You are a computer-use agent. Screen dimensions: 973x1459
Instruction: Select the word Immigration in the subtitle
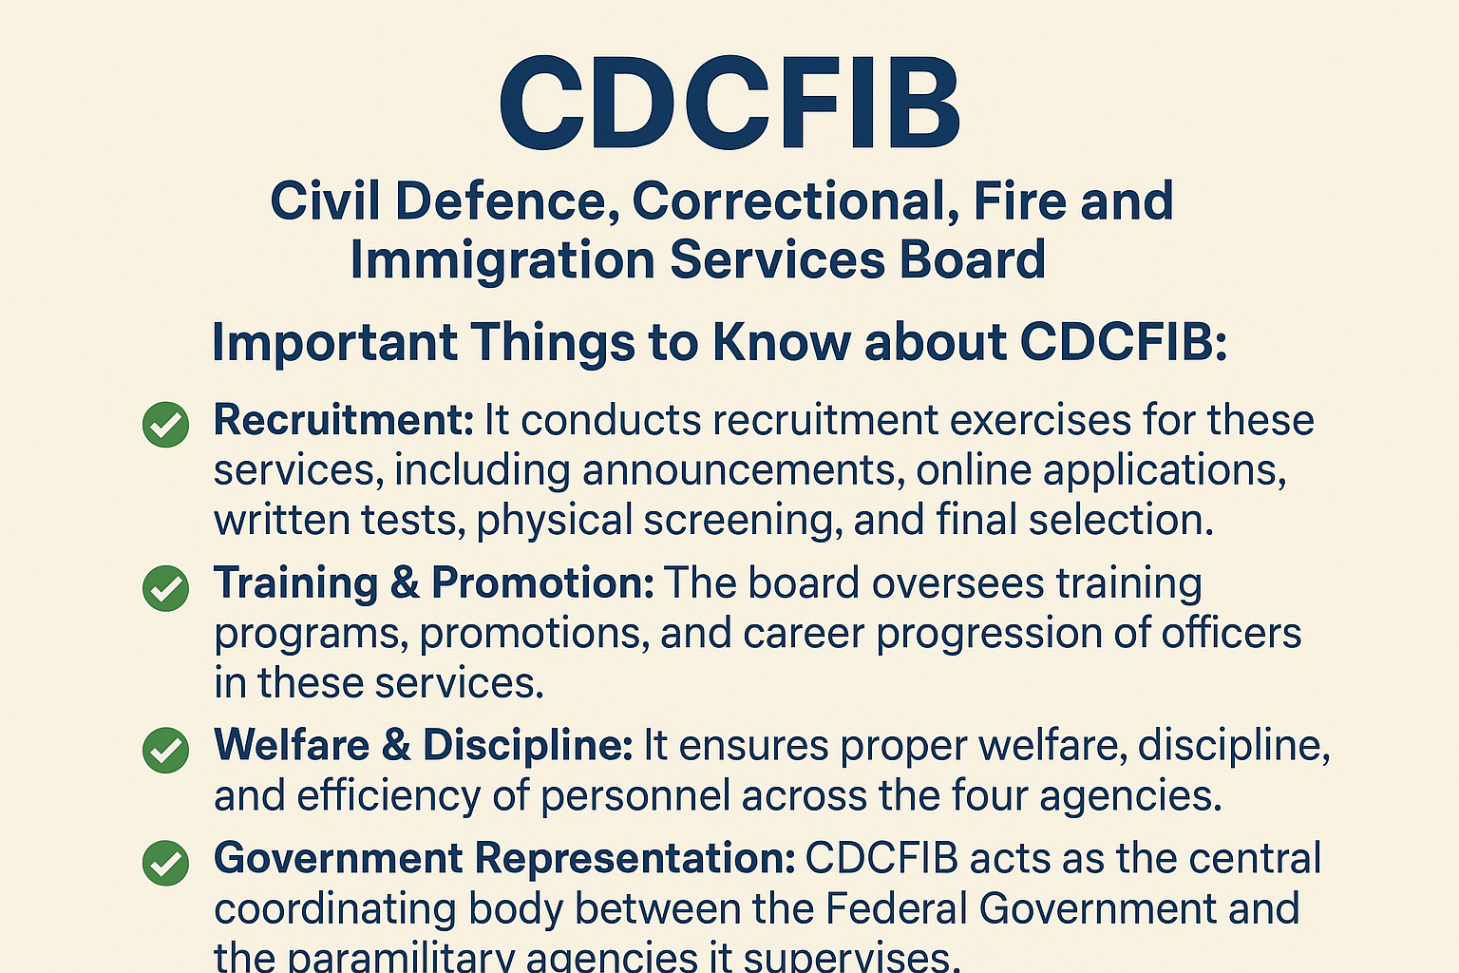coord(502,260)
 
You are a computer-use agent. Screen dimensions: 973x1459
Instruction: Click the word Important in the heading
coord(334,342)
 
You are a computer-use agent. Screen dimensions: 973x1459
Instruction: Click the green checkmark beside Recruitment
coord(166,424)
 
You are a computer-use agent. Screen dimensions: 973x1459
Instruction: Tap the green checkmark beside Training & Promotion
coord(166,587)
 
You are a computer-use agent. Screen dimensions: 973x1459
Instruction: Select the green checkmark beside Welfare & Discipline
coord(166,750)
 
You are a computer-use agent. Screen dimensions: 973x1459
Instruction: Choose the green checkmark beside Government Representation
coord(166,863)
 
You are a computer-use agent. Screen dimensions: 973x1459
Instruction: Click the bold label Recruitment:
coord(343,420)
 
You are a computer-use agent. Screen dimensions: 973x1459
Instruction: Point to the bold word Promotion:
coord(543,582)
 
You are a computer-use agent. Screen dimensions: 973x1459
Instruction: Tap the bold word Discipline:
coord(528,745)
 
